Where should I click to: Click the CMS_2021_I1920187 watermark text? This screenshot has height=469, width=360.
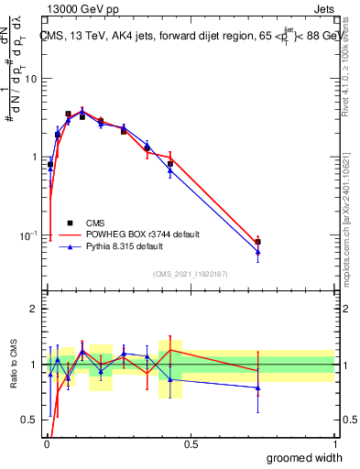tap(190, 274)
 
